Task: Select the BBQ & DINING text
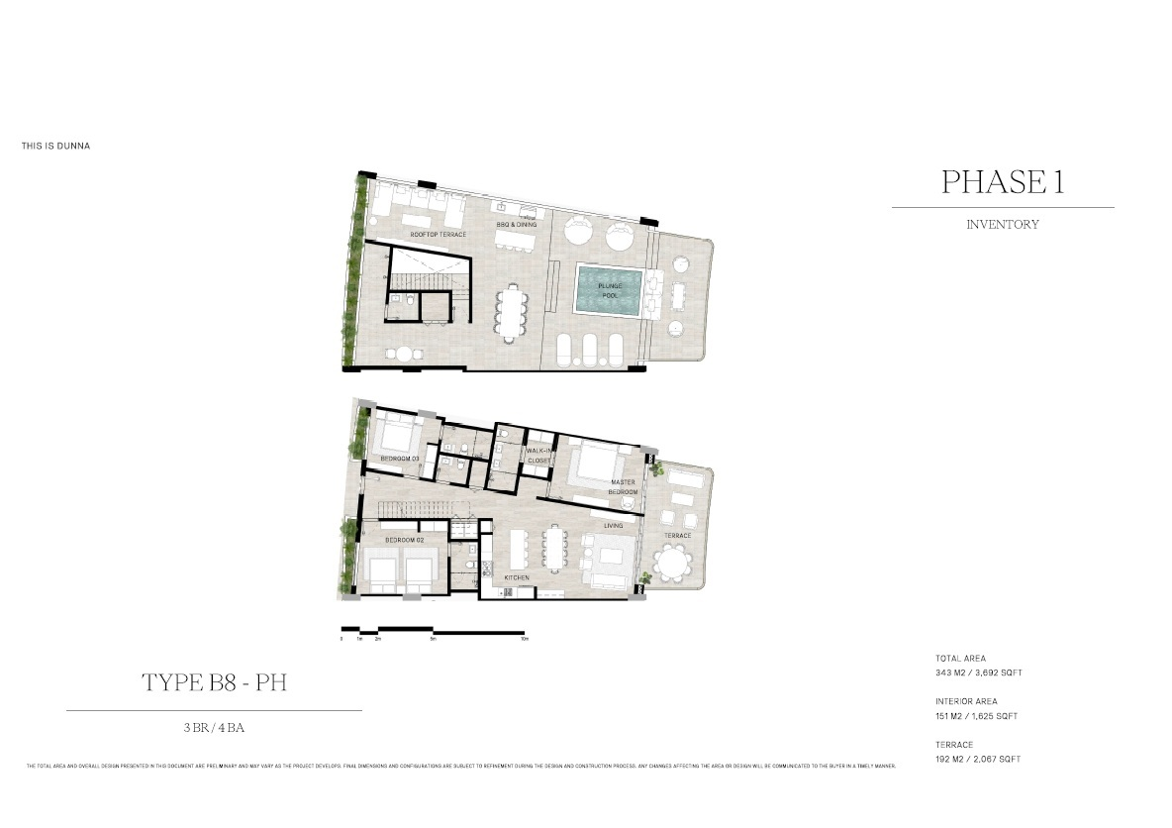point(517,225)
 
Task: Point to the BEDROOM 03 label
point(400,459)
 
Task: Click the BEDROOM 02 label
point(405,540)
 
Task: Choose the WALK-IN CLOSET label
point(539,456)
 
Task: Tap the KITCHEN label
point(517,577)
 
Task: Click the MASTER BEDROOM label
point(624,487)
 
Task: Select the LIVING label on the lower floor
point(614,526)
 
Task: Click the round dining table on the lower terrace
point(675,569)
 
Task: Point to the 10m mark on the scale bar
point(525,640)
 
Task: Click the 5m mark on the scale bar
point(433,640)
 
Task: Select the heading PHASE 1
point(1002,182)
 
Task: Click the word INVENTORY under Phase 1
point(1002,225)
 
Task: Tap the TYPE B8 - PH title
point(215,682)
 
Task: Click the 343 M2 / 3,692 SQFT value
point(978,673)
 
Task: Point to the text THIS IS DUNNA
point(56,147)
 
